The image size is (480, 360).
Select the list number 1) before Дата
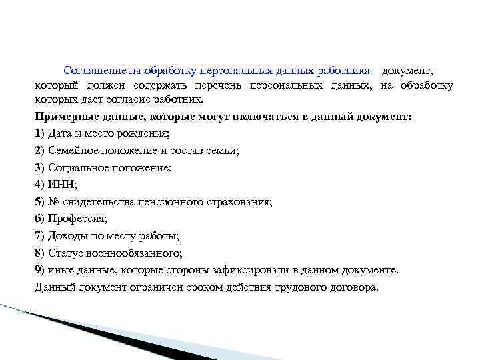pos(39,133)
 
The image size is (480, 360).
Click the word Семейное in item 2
pos(71,150)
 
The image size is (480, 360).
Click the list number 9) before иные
pos(39,270)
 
